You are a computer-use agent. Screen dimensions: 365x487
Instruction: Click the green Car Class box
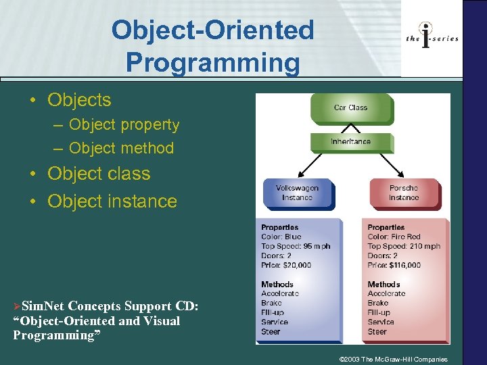pyautogui.click(x=350, y=107)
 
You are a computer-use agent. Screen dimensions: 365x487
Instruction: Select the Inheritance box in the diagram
pyautogui.click(x=350, y=142)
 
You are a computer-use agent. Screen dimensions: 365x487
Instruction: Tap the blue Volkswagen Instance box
pyautogui.click(x=297, y=193)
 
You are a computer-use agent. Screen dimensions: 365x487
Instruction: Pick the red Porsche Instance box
pyautogui.click(x=404, y=193)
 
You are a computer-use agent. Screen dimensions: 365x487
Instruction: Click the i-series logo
pyautogui.click(x=432, y=38)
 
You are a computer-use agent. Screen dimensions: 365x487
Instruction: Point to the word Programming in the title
pyautogui.click(x=212, y=63)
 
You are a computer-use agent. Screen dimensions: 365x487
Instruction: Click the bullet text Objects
pyautogui.click(x=79, y=100)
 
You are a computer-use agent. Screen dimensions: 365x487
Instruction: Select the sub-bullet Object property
pyautogui.click(x=124, y=125)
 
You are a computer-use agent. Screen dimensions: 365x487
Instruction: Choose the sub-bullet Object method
pyautogui.click(x=121, y=148)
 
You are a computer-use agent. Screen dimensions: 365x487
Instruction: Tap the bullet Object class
pyautogui.click(x=99, y=174)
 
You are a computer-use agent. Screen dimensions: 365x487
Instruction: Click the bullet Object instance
pyautogui.click(x=112, y=201)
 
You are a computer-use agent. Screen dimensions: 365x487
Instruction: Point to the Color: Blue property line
pyautogui.click(x=281, y=237)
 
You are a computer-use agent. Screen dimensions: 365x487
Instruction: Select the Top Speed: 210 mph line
pyautogui.click(x=404, y=247)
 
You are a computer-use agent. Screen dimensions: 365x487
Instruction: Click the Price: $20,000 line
pyautogui.click(x=286, y=266)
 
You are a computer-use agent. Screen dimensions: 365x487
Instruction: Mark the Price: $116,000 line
pyautogui.click(x=394, y=266)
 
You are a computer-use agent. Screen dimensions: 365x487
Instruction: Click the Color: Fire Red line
pyautogui.click(x=394, y=237)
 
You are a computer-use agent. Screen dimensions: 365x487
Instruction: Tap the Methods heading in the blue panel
pyautogui.click(x=277, y=285)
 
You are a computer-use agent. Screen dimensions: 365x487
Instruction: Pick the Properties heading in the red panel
pyautogui.click(x=386, y=228)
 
